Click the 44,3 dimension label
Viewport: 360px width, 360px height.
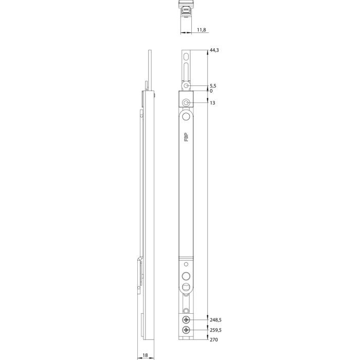(x=214, y=50)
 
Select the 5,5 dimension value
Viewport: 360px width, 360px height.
(x=213, y=85)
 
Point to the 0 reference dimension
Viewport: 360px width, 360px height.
(x=211, y=91)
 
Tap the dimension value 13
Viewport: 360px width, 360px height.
(x=212, y=103)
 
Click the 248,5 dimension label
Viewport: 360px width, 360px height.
(x=216, y=319)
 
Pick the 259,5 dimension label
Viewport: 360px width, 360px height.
(x=216, y=330)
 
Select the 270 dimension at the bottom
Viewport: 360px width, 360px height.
(x=213, y=340)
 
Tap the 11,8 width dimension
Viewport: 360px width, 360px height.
(x=201, y=30)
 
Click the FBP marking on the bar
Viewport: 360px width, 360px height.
(x=186, y=137)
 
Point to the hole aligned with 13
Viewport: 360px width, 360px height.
(x=186, y=103)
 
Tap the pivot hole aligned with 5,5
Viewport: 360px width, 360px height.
(x=186, y=86)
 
